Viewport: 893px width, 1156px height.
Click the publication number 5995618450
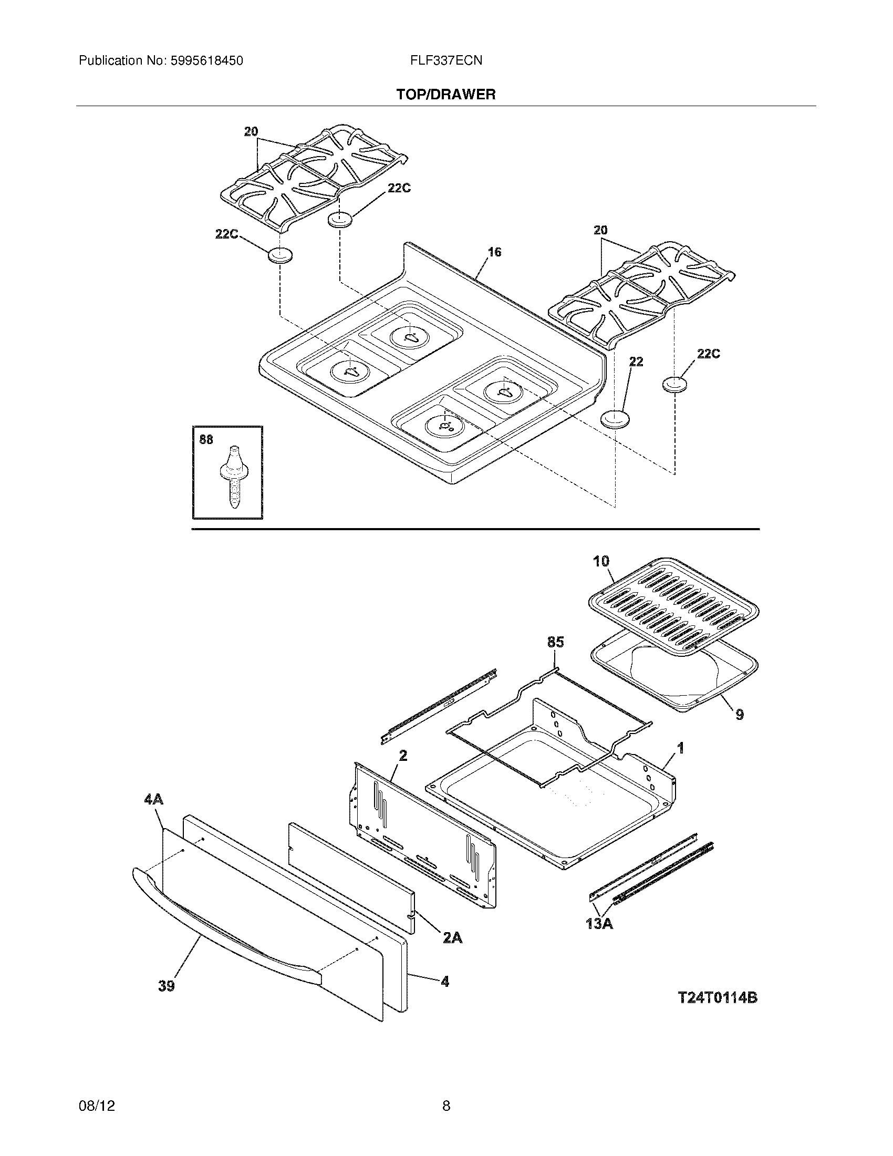207,61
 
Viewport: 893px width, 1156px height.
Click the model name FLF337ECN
446,61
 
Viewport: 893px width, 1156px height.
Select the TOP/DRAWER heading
446,95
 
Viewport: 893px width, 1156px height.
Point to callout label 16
494,252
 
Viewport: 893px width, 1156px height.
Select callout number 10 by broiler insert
601,562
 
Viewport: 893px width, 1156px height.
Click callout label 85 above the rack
555,643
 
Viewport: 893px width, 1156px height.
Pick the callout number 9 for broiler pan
740,715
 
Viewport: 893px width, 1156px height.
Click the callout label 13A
599,924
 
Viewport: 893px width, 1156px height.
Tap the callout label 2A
452,938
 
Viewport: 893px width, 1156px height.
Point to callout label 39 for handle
166,986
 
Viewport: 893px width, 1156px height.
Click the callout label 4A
153,799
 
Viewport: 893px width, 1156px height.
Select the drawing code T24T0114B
718,998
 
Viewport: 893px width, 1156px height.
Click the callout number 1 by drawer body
681,748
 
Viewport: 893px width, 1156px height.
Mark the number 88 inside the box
206,439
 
